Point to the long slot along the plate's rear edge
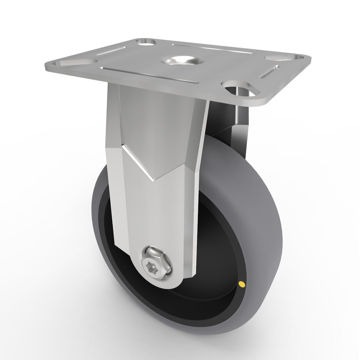coord(209,48)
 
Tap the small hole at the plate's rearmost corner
coord(146,42)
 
